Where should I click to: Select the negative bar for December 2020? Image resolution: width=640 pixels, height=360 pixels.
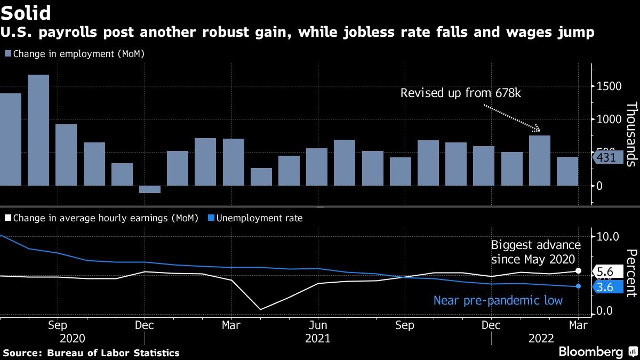point(150,189)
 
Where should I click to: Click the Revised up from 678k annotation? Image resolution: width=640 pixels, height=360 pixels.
point(461,93)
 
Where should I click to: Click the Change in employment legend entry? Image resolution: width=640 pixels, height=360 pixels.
point(75,54)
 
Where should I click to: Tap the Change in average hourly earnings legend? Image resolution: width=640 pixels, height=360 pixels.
point(101,218)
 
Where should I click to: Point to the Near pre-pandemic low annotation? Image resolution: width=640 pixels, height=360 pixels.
point(498,301)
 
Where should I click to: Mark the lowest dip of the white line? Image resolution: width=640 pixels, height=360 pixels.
point(260,309)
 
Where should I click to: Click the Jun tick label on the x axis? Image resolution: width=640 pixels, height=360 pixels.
point(318,325)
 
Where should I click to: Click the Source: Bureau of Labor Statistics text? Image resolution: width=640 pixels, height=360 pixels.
point(91,353)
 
